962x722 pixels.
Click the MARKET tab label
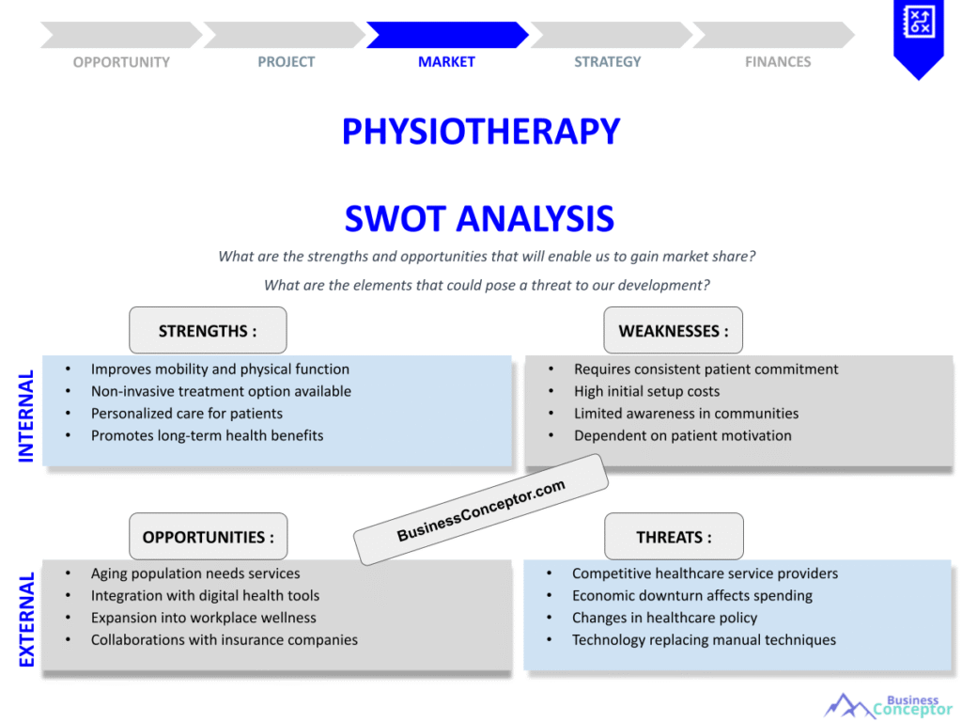tap(446, 62)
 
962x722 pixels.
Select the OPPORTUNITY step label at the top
tap(121, 62)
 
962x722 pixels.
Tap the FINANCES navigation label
tap(778, 62)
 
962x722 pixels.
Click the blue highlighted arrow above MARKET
tap(446, 35)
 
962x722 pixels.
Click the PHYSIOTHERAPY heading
tap(480, 132)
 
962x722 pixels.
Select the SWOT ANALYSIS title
tap(479, 219)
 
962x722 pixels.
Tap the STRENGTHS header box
tap(208, 331)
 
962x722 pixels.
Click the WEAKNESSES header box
tap(673, 331)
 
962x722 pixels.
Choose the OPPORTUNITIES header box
tap(208, 537)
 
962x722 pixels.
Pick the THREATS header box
tap(674, 537)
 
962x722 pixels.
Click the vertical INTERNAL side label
tap(26, 416)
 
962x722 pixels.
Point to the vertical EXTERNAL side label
tap(26, 620)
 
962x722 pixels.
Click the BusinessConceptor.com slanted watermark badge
tap(481, 510)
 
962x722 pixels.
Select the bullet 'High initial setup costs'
tap(646, 391)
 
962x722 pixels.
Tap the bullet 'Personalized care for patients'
tap(186, 414)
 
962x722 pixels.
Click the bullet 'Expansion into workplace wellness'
tap(203, 618)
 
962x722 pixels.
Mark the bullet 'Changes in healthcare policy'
tap(664, 618)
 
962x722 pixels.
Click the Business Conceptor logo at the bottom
tap(888, 705)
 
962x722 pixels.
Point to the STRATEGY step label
tap(608, 62)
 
